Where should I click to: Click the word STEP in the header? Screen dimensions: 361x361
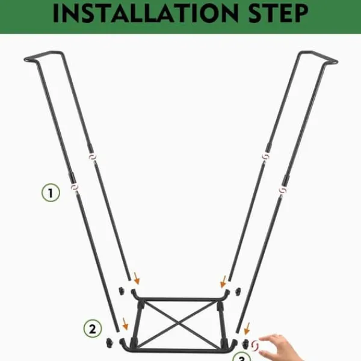pos(279,13)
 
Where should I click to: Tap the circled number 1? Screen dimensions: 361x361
pos(51,193)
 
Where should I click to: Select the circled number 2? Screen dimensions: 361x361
pos(93,329)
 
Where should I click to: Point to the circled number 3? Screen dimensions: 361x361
pos(241,357)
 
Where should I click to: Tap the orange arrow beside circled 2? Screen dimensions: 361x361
pos(125,324)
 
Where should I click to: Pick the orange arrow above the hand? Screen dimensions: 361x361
pos(247,329)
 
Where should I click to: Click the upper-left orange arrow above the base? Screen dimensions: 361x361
pos(137,278)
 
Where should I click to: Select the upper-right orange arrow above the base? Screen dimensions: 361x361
pos(223,282)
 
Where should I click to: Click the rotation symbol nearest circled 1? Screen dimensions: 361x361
pos(75,187)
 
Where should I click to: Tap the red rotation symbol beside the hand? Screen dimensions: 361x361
pos(255,346)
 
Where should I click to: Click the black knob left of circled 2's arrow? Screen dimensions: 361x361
pos(110,343)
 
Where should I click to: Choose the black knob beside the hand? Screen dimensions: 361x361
pos(245,344)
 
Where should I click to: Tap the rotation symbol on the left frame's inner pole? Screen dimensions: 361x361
pos(92,157)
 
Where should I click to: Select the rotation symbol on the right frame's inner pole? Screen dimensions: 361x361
pos(265,156)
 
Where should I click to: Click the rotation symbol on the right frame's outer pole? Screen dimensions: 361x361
pos(283,190)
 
